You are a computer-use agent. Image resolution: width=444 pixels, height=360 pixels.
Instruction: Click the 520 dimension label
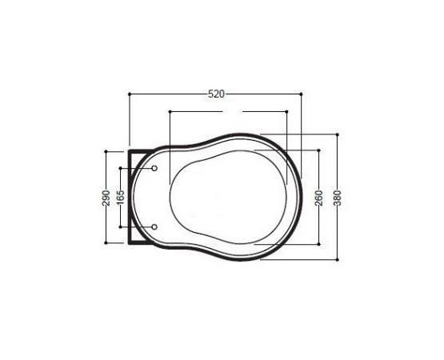click(216, 94)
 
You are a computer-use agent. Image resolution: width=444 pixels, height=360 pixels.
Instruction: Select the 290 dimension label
click(106, 198)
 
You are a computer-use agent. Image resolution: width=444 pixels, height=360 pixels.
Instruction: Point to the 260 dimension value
click(319, 198)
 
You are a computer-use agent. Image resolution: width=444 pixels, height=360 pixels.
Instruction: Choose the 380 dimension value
click(338, 198)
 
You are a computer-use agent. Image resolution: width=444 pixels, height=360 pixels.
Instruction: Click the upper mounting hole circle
click(154, 168)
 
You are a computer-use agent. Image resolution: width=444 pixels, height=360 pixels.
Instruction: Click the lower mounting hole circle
click(154, 227)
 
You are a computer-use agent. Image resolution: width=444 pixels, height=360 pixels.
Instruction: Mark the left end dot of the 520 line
click(130, 94)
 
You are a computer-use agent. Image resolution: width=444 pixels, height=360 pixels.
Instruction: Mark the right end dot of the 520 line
click(301, 94)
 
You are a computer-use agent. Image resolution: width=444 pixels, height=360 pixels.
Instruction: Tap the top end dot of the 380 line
click(338, 134)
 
